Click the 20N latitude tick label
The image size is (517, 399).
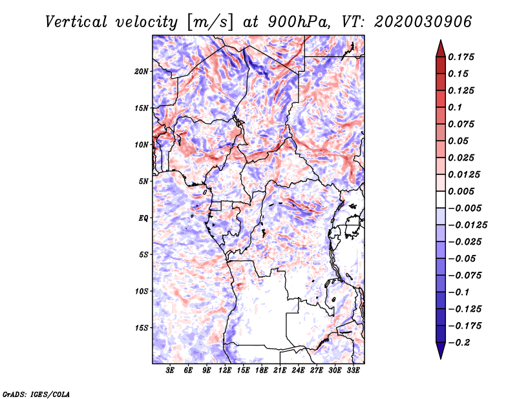142,71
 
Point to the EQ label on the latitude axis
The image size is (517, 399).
143,218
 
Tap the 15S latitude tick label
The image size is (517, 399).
142,328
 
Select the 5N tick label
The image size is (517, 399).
143,181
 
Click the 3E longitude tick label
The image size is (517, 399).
171,371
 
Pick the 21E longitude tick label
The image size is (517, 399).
280,371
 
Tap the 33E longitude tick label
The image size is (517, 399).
353,371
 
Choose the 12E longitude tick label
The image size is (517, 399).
226,371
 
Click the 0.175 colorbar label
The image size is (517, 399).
461,57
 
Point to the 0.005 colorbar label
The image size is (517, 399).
461,191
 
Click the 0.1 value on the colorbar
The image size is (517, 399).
456,107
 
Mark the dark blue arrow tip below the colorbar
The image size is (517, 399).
440,354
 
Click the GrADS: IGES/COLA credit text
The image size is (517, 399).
36,393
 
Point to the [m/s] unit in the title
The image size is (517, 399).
208,21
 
